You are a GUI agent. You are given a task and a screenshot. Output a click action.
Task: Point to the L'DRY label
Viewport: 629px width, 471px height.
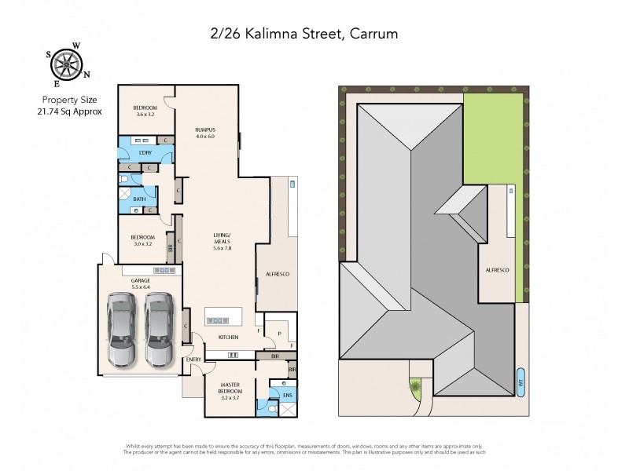coord(145,152)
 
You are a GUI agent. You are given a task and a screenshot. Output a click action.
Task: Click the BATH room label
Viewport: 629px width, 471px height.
coord(139,199)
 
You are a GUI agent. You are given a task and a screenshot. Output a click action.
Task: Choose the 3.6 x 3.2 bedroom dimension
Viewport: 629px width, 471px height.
coord(145,115)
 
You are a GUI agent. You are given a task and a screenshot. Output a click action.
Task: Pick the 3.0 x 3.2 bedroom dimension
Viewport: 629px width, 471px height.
coord(143,244)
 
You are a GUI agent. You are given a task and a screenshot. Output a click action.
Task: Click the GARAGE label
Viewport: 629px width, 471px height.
coord(142,280)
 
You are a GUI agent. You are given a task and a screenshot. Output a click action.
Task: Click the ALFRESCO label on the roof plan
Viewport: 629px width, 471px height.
coord(497,270)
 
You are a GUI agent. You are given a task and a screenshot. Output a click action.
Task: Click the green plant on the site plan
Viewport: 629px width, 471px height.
coord(414,385)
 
